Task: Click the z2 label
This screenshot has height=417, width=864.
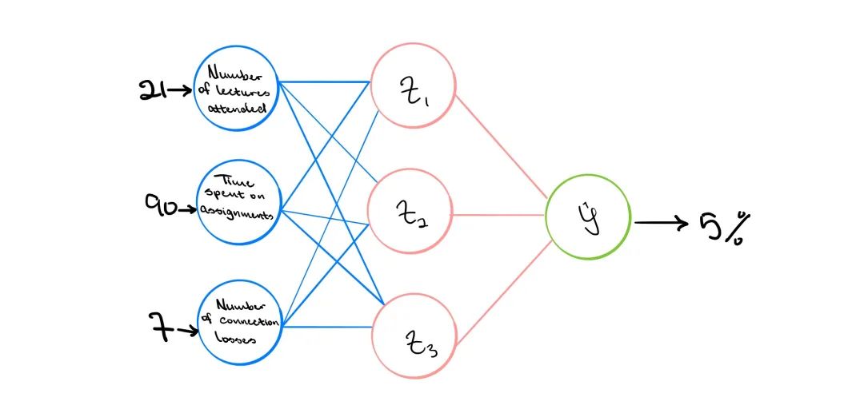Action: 412,213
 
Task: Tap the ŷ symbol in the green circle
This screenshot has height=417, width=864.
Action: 590,216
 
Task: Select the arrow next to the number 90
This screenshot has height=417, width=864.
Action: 186,209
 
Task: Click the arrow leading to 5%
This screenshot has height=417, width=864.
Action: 662,223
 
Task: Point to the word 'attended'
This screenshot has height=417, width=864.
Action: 237,108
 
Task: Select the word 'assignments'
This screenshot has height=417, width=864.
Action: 237,212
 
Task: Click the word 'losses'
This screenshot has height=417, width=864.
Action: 235,339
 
